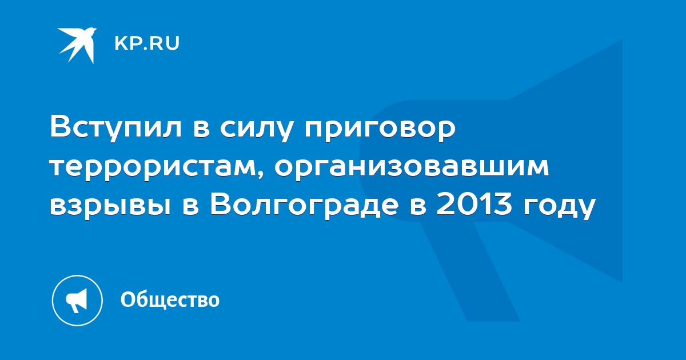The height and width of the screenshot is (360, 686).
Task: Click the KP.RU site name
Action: coord(147,43)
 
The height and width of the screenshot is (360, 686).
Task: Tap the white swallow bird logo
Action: coord(77,45)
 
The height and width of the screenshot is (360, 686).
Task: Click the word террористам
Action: coord(154,168)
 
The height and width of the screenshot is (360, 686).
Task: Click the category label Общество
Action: coord(170,299)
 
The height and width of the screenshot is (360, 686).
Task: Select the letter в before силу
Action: coord(200,129)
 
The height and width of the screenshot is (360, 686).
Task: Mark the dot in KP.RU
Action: coord(143,48)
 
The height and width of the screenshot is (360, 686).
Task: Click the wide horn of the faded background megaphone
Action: coord(567,161)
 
